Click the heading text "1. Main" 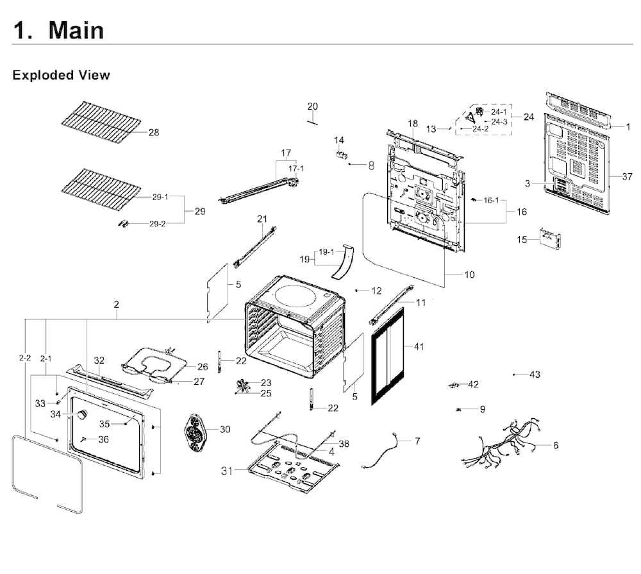pos(58,30)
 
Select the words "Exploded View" pos(61,75)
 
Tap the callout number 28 pos(154,132)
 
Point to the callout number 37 pos(627,176)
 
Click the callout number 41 pos(419,347)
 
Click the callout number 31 pos(226,471)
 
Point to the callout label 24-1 pos(499,112)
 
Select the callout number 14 pos(339,140)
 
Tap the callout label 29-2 pos(158,224)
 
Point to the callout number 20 pos(312,106)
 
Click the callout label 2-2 pos(24,357)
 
